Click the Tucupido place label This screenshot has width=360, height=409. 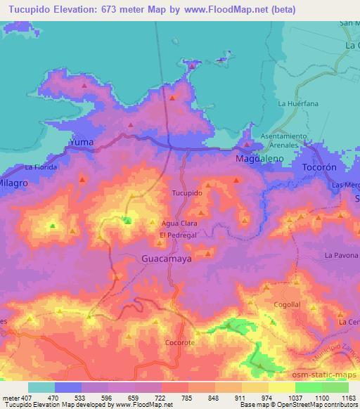coord(187,192)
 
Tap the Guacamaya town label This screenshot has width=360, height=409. coord(166,258)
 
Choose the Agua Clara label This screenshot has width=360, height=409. coord(179,223)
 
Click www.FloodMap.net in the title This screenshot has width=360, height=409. coord(233,10)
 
